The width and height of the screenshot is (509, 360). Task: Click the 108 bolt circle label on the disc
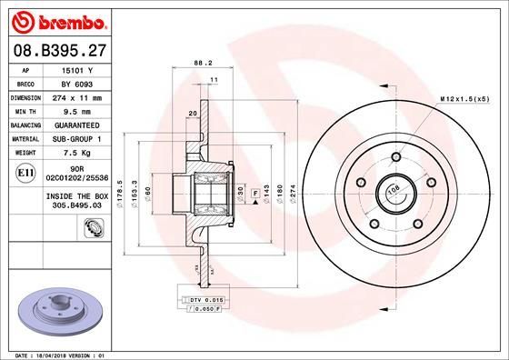click(394, 190)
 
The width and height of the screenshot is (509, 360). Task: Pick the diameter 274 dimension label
click(293, 193)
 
